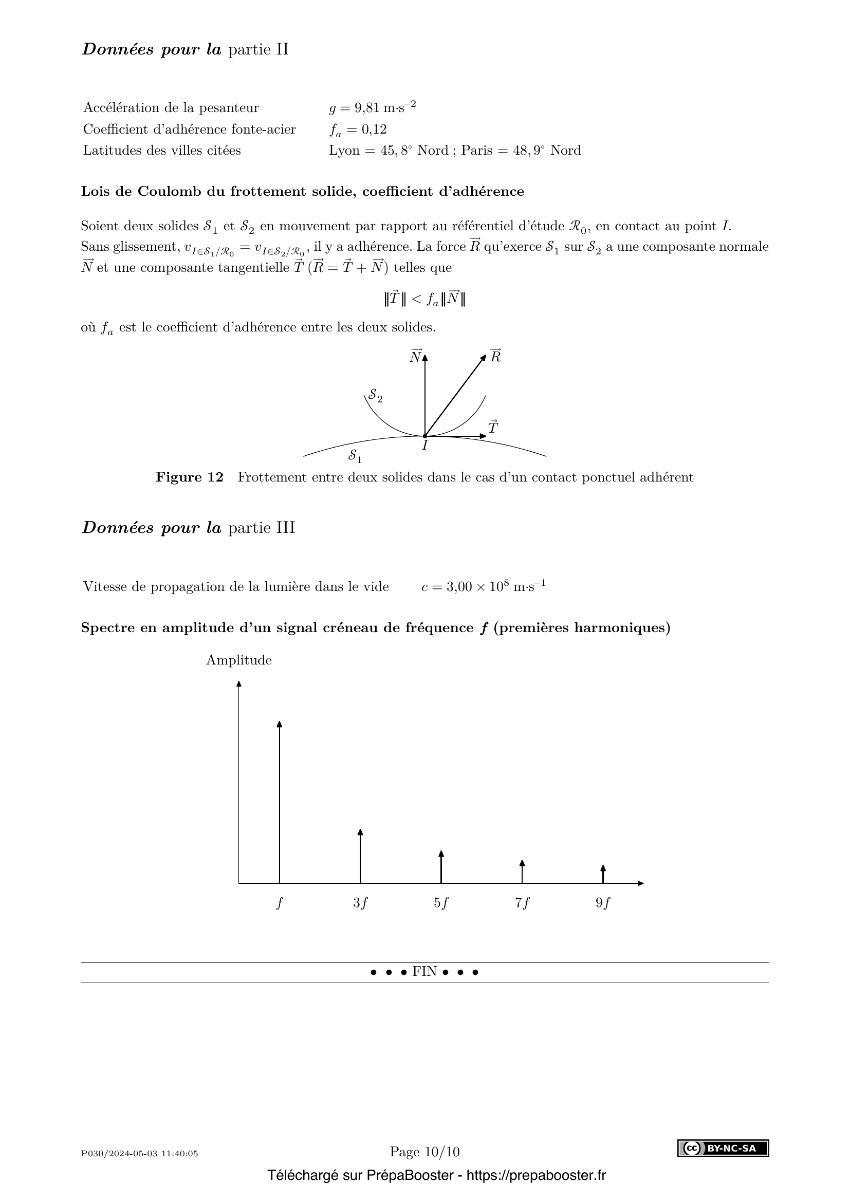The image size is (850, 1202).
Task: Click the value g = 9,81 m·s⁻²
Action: (372, 107)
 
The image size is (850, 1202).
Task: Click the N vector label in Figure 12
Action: (416, 357)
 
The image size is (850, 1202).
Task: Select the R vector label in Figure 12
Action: (495, 356)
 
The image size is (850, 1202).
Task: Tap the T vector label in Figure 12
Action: (493, 428)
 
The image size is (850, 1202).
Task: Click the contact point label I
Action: (425, 446)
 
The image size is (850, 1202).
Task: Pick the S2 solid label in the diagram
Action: (375, 396)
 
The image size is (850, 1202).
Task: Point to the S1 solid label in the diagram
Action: (355, 455)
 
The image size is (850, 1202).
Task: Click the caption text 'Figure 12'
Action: (190, 477)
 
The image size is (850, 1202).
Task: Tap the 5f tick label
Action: (441, 903)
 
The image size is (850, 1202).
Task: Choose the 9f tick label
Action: (603, 903)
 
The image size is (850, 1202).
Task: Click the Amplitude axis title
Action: (238, 660)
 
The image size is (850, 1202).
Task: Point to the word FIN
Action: (424, 972)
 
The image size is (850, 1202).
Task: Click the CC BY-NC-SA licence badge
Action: (723, 1148)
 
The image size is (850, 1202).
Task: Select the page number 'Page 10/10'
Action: (424, 1152)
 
